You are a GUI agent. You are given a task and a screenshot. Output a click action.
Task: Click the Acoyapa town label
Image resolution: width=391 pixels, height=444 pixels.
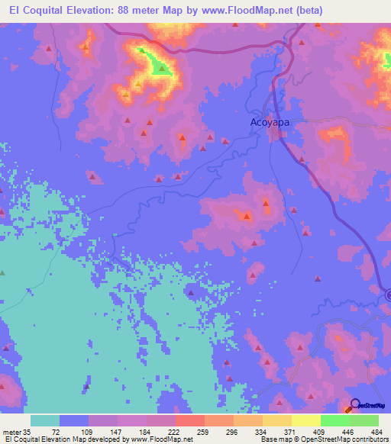[268, 121]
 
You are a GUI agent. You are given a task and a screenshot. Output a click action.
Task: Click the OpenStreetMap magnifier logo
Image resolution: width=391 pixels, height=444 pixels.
[355, 405]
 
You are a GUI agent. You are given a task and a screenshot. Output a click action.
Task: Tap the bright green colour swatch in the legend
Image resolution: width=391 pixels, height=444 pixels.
[335, 420]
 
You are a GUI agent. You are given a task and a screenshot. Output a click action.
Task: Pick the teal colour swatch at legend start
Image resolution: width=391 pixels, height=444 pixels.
[45, 420]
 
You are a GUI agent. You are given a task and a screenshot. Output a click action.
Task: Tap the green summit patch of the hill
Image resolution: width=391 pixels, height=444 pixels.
[160, 67]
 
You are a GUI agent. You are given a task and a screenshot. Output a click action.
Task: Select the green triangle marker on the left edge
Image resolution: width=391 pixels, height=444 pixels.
[2, 272]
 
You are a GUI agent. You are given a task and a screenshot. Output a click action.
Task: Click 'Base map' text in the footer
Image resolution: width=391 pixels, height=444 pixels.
[273, 439]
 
